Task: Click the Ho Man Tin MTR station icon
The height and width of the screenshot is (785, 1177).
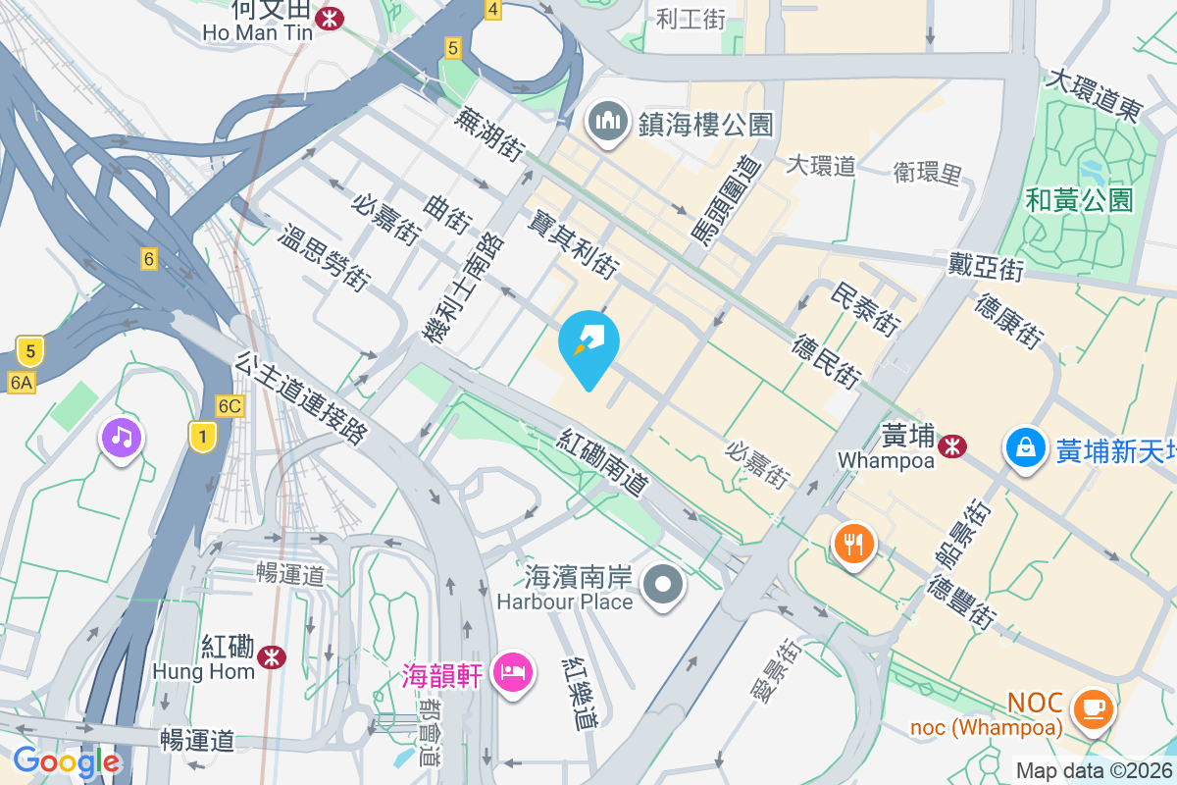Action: [330, 19]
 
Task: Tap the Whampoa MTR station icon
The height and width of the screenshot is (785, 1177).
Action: [949, 446]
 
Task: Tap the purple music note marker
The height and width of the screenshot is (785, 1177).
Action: [122, 436]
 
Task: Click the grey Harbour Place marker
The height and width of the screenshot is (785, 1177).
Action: [664, 585]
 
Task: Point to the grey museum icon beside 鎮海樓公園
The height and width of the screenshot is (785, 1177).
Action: [608, 123]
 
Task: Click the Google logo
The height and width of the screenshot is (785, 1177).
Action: [67, 761]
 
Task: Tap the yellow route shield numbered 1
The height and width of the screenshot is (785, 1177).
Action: [202, 438]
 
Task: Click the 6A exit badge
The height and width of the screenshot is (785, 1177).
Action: [21, 382]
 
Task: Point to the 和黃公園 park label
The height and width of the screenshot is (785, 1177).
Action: [1079, 201]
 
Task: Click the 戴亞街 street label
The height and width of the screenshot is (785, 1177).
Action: [986, 265]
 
